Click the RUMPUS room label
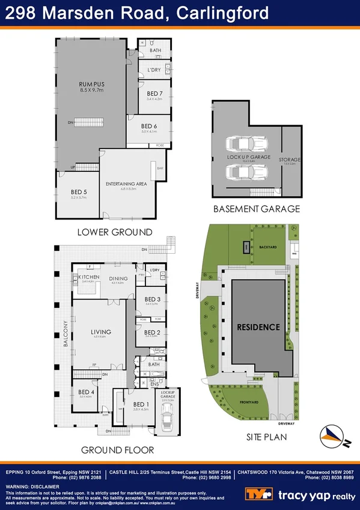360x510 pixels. [x=92, y=84]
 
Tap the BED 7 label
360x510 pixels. [x=154, y=93]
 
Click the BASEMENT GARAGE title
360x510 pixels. [x=257, y=209]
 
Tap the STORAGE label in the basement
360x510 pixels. [x=289, y=159]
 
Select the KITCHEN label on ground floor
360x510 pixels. [x=89, y=277]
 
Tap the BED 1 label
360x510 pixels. [x=141, y=404]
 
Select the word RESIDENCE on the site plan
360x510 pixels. [x=258, y=327]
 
